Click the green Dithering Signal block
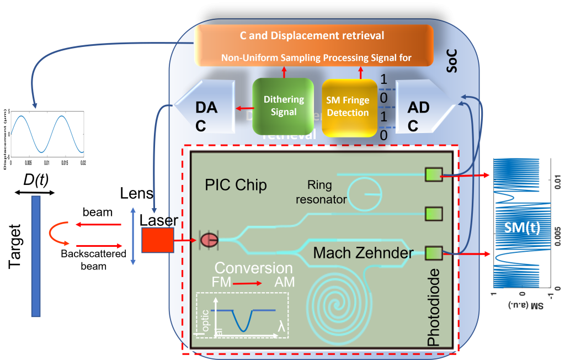283,107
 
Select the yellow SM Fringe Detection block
348,107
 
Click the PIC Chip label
236,185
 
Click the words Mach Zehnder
363,253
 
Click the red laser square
157,240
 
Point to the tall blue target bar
36,256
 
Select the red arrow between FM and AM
247,283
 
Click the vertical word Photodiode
434,306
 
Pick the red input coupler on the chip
209,240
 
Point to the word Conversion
253,268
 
